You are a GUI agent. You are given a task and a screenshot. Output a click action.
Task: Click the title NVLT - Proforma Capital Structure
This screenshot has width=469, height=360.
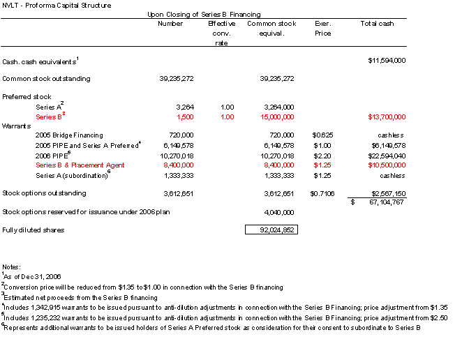click(x=57, y=6)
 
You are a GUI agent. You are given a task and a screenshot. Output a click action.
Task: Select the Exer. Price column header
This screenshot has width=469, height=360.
click(x=322, y=28)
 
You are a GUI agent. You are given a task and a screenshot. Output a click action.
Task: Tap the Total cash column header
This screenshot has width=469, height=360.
click(x=377, y=24)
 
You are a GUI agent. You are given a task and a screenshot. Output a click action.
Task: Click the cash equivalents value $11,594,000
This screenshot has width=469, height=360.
click(x=387, y=60)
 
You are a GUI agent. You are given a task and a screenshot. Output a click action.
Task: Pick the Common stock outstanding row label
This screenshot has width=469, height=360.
click(x=46, y=79)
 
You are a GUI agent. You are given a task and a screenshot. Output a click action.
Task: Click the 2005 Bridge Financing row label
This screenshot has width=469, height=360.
click(x=69, y=135)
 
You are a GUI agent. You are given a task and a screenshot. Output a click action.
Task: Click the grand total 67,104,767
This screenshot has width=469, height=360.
click(x=383, y=202)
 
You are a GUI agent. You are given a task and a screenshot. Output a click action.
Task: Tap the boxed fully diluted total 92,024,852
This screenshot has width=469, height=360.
click(x=271, y=229)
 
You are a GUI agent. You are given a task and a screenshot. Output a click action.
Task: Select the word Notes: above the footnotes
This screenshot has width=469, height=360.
click(x=13, y=267)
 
